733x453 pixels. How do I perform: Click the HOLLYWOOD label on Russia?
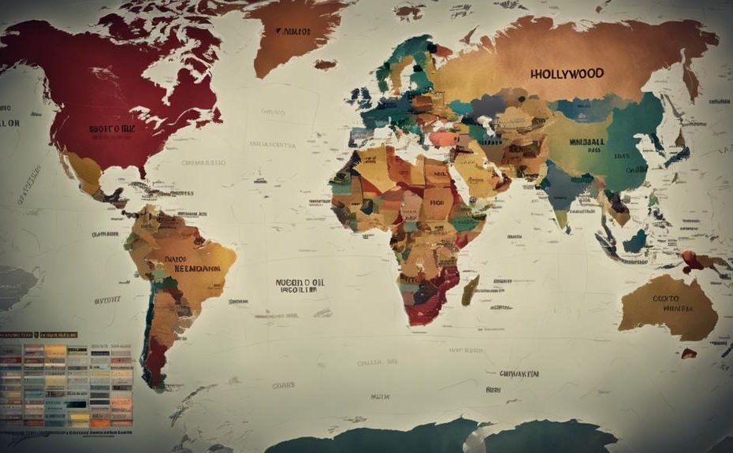point(567,73)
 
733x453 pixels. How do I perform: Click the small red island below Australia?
point(688,353)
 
